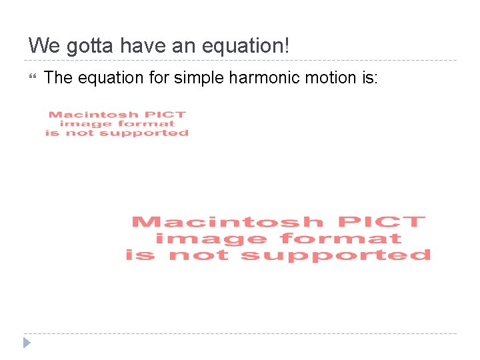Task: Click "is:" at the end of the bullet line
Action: click(369, 78)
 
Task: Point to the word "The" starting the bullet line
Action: click(58, 78)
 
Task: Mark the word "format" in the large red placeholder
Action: click(341, 238)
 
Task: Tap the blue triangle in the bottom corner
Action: click(27, 343)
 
